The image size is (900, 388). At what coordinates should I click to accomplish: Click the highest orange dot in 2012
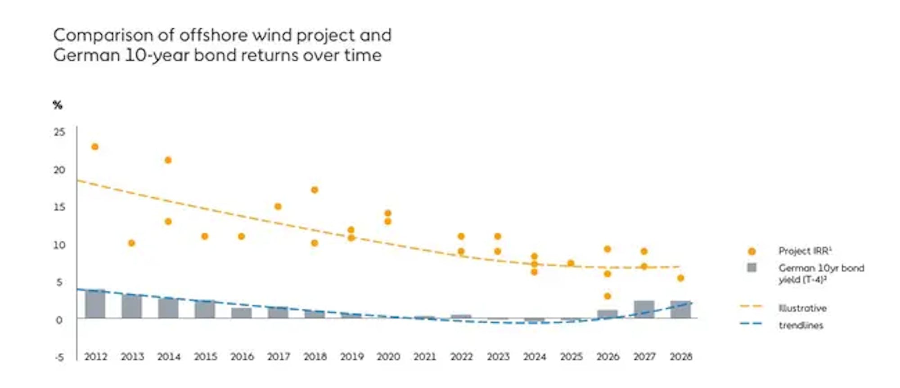(95, 147)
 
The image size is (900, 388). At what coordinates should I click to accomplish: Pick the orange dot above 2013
(131, 243)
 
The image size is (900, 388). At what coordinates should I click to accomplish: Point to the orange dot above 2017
(278, 207)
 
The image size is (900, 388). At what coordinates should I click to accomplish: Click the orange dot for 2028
(680, 278)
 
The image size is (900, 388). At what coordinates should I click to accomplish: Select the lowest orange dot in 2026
(607, 296)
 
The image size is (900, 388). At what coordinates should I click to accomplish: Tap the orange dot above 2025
(571, 263)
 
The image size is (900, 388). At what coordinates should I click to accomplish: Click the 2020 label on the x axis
(388, 357)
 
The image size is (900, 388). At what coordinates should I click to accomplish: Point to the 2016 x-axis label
(242, 357)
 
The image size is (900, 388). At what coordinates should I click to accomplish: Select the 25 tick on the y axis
(59, 132)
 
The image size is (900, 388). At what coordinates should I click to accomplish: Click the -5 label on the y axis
(59, 358)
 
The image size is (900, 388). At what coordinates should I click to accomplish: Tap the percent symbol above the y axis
(58, 105)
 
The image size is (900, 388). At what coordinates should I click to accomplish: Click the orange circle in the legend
(751, 251)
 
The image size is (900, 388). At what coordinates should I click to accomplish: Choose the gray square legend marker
(751, 268)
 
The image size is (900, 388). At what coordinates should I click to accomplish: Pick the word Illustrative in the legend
(802, 308)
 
